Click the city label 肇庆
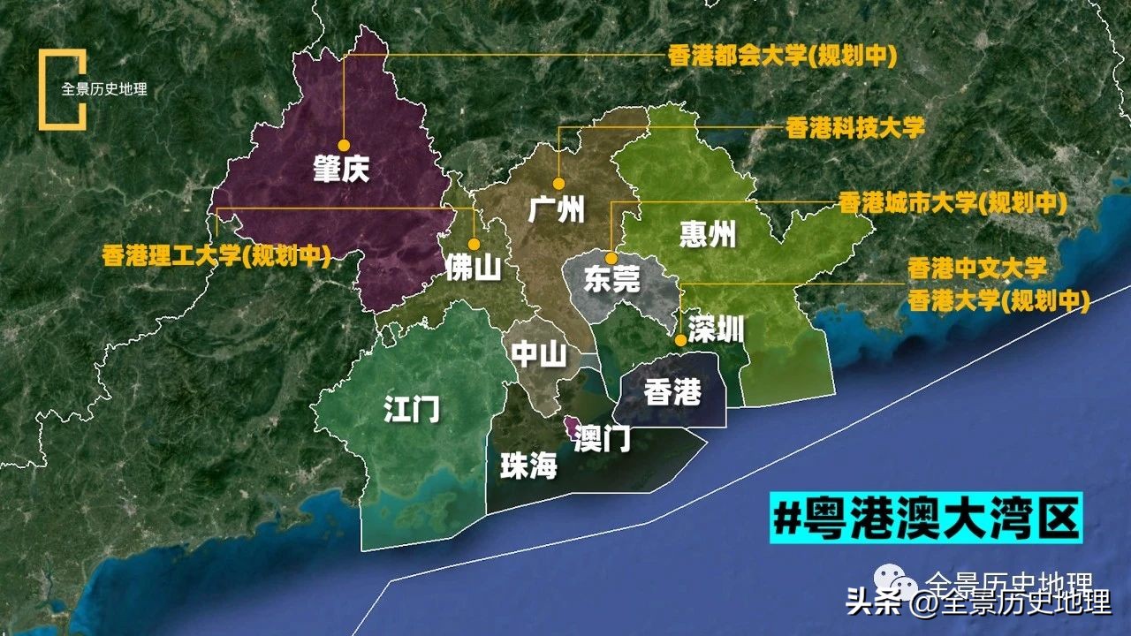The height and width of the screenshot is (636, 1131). click(x=340, y=169)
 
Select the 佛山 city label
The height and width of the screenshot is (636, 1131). click(x=473, y=267)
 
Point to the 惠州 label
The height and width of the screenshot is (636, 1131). click(x=708, y=234)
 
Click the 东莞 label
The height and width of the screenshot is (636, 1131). click(x=611, y=280)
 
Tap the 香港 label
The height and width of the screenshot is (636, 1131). click(x=672, y=391)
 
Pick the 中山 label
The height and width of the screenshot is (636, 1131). click(x=539, y=354)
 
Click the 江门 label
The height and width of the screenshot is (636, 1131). click(x=412, y=410)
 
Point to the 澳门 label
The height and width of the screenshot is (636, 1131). click(x=602, y=436)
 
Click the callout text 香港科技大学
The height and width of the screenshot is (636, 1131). click(x=854, y=127)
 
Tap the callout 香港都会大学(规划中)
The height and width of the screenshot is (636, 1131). click(x=782, y=57)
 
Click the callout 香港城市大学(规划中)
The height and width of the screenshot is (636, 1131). click(x=953, y=203)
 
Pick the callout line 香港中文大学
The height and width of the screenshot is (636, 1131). click(x=977, y=268)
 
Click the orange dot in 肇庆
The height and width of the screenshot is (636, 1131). click(x=344, y=145)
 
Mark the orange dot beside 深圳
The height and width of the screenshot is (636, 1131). click(x=679, y=339)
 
